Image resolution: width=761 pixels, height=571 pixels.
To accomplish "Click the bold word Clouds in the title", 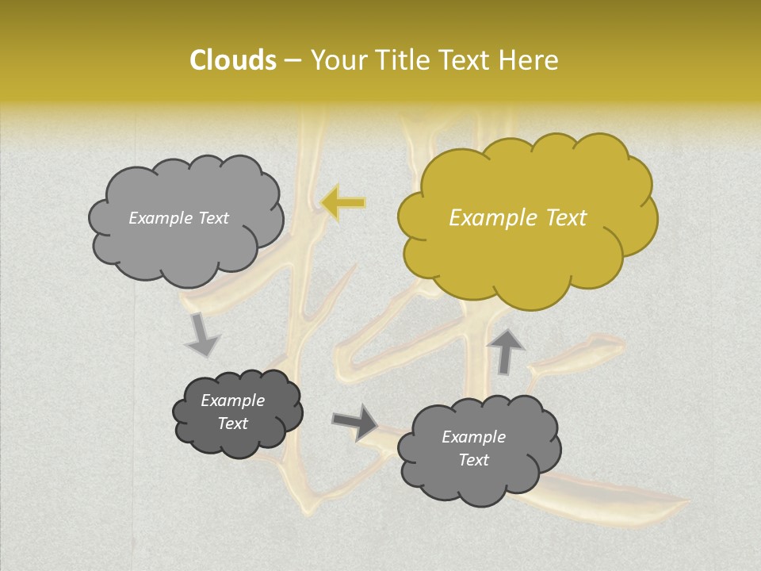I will pos(233,60).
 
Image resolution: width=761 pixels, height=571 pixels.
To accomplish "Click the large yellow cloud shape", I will pos(526,254).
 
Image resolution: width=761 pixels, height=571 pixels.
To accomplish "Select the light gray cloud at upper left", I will pos(185,246).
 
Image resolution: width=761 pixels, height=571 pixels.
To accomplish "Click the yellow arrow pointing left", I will pos(344,203).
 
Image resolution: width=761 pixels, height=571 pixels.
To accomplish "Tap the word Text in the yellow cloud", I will pos(564,218).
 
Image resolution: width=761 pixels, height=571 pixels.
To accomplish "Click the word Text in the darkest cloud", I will pos(232,423).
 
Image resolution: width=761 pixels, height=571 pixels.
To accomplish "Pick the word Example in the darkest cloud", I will pos(232,400).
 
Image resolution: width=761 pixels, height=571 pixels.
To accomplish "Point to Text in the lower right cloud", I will pos(473,460).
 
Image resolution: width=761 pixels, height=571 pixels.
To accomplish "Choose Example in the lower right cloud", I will pos(473,437).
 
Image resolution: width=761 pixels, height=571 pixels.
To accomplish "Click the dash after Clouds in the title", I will pos(292,60).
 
